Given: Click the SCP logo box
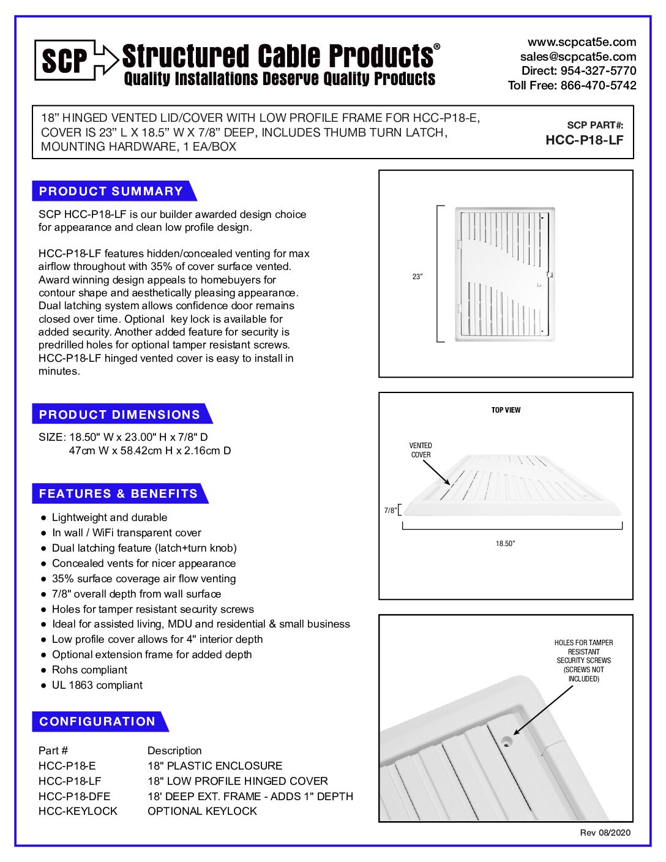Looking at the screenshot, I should (65, 60).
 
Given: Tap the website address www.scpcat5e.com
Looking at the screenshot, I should (582, 42).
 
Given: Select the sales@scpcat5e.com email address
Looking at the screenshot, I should (578, 56).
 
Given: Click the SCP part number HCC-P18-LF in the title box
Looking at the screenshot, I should (584, 140).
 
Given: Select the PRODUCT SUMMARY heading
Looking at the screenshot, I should (111, 191).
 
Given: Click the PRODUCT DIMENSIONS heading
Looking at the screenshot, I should (119, 414).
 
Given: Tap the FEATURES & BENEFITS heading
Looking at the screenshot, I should (118, 493).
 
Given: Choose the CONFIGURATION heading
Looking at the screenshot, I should (97, 721).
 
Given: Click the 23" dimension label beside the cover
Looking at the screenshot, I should (417, 277).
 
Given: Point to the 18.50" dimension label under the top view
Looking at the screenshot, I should (505, 544).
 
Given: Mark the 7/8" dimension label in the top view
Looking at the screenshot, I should (390, 511).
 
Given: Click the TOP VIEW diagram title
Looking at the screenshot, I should (506, 410).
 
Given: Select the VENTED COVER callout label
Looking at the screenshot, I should (421, 450).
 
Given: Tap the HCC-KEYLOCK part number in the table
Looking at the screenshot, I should (78, 811).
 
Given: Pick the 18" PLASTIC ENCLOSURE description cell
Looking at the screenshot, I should (215, 766).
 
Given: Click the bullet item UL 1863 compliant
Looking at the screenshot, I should (97, 685).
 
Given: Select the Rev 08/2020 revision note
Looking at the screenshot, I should (605, 833).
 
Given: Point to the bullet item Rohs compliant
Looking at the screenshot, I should (89, 670).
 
